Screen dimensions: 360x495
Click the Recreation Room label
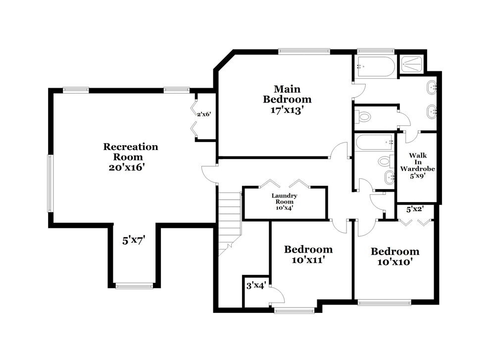(131, 157)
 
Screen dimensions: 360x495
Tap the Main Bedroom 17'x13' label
(293, 100)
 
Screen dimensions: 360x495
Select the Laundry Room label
(285, 202)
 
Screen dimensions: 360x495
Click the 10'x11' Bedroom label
(308, 254)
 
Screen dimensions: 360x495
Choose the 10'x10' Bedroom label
(395, 257)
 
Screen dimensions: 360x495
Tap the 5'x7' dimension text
(134, 241)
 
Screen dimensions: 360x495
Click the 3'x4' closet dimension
(256, 286)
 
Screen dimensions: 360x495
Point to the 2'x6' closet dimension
(204, 114)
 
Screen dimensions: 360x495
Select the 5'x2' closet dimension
(415, 209)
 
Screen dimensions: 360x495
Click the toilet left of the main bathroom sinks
(364, 117)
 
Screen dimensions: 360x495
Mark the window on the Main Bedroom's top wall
(304, 51)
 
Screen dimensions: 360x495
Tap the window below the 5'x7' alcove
(134, 286)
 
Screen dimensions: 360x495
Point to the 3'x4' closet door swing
(276, 296)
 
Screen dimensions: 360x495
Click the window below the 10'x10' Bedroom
(384, 302)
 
